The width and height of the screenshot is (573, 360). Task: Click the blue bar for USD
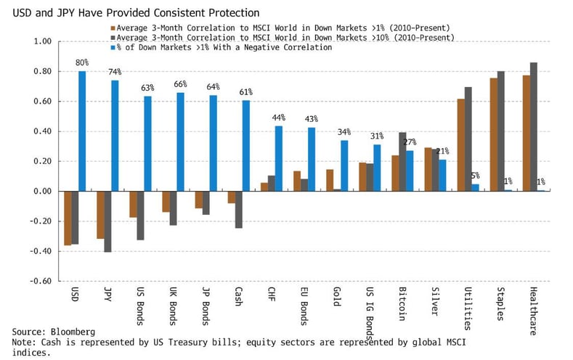pyautogui.click(x=82, y=131)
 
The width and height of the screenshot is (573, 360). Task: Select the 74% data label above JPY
pyautogui.click(x=115, y=73)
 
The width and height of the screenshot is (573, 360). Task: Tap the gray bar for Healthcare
pyautogui.click(x=534, y=127)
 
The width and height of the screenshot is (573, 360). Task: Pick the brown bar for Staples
pyautogui.click(x=494, y=134)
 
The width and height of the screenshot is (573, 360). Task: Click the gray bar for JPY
pyautogui.click(x=107, y=221)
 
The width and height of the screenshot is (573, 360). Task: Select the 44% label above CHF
pyautogui.click(x=279, y=118)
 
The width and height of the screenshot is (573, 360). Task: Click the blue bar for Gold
pyautogui.click(x=344, y=165)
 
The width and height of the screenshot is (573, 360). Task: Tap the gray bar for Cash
pyautogui.click(x=238, y=210)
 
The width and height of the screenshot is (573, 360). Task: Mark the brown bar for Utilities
pyautogui.click(x=460, y=145)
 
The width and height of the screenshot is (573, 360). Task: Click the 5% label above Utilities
pyautogui.click(x=476, y=175)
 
